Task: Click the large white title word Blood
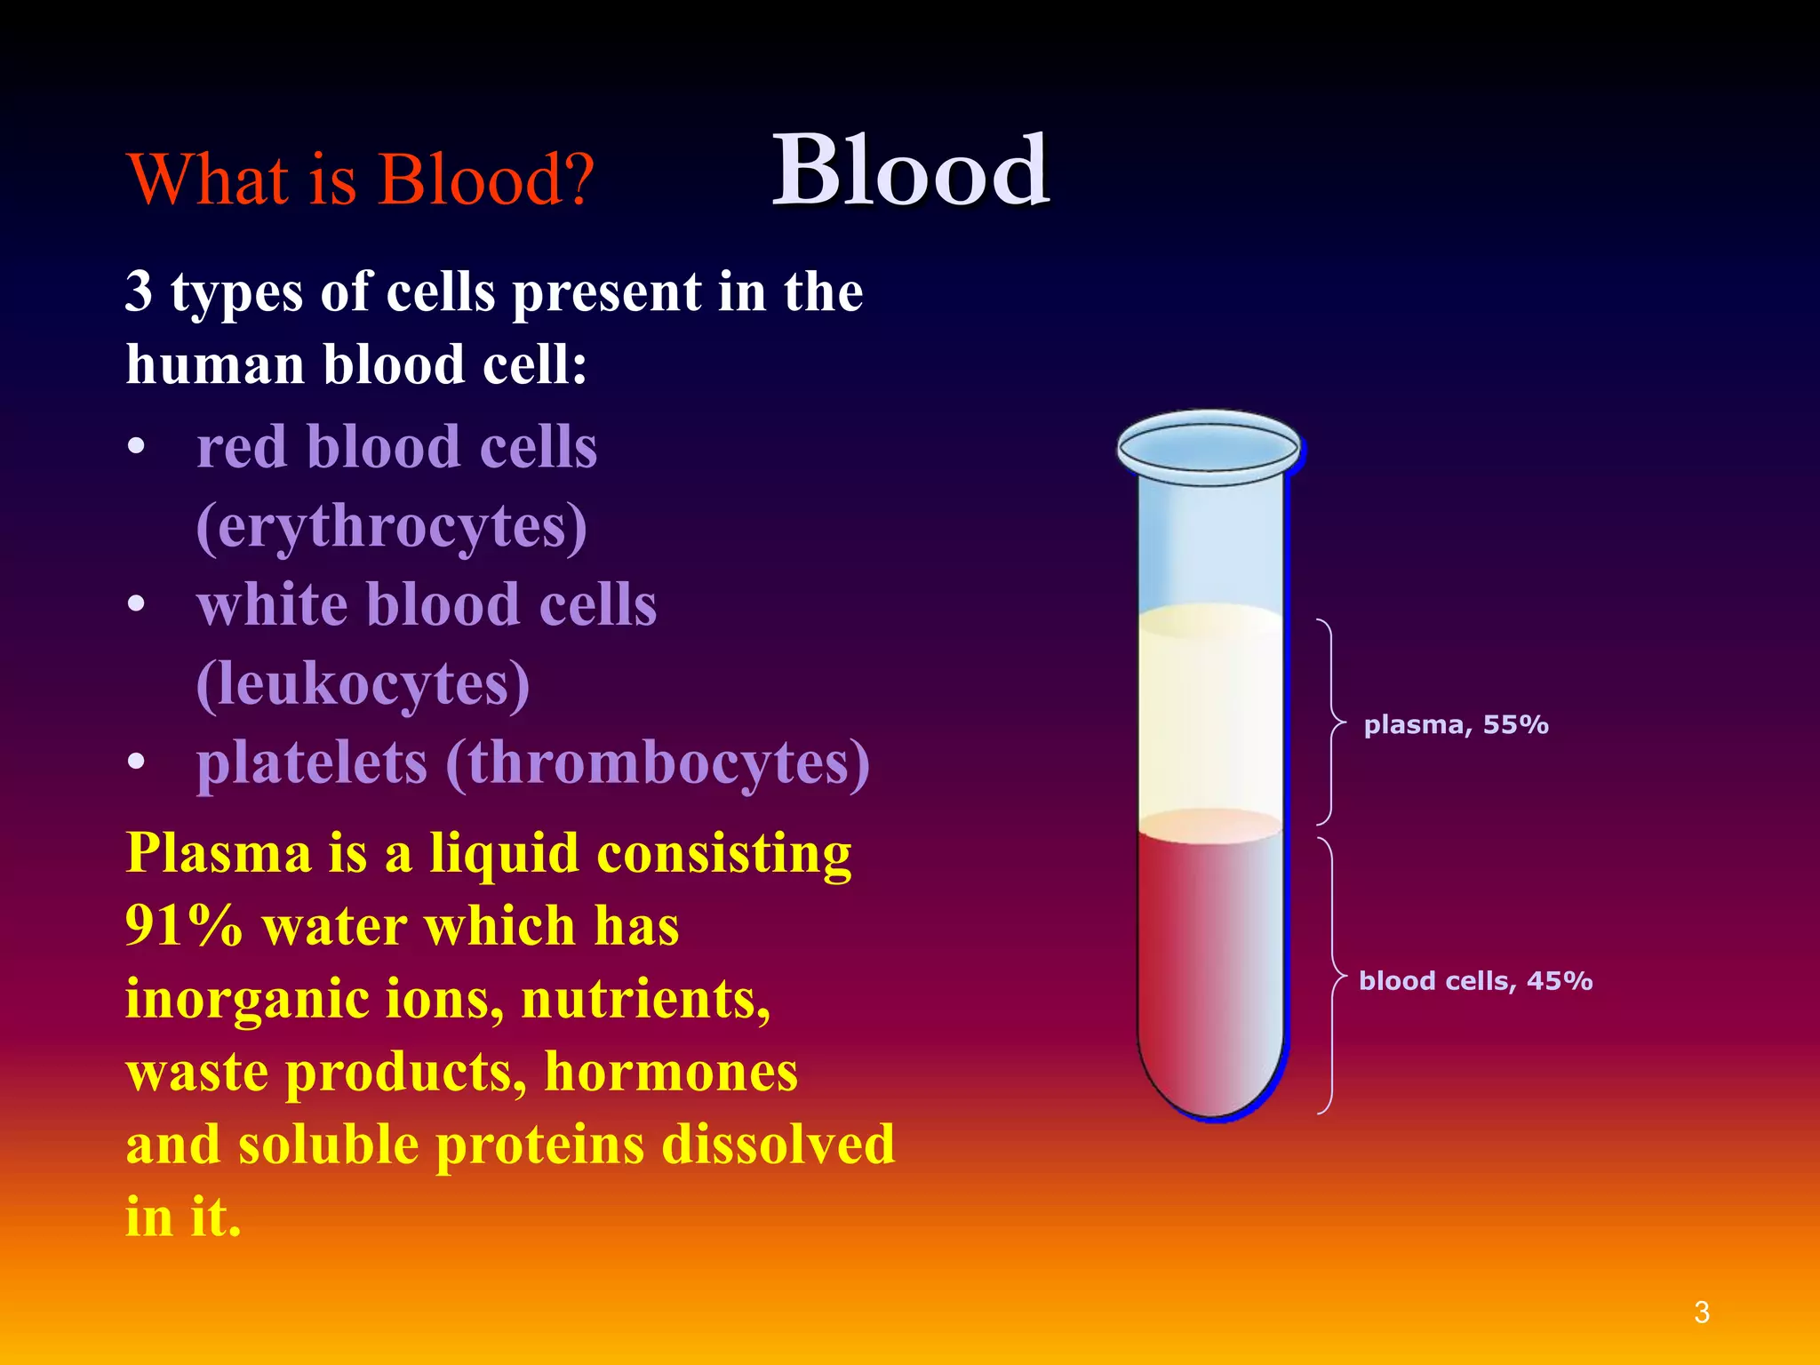click(910, 171)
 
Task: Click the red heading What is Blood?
click(360, 180)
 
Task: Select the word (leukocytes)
click(363, 684)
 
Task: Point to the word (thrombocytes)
click(658, 764)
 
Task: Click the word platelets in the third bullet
click(312, 764)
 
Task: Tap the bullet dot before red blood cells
click(136, 447)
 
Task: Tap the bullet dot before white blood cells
click(136, 605)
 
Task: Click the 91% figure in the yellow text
click(184, 926)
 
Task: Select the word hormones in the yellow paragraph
click(671, 1072)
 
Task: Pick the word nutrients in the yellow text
click(645, 999)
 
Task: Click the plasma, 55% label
click(1456, 725)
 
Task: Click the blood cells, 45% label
click(1475, 981)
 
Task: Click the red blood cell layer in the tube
click(1210, 969)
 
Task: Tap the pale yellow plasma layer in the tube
click(1210, 711)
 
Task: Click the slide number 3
click(1701, 1312)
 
